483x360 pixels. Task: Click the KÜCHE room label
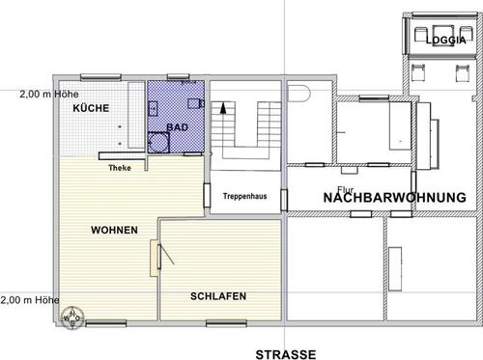89,108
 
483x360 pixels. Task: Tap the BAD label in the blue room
177,126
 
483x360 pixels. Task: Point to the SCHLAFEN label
216,296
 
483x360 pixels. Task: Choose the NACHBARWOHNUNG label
394,197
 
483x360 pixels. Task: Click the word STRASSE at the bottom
285,354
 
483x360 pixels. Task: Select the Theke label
120,168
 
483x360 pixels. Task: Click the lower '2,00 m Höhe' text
29,299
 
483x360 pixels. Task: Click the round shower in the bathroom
157,143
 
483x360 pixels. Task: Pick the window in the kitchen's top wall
99,74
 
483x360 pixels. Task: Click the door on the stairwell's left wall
207,192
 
